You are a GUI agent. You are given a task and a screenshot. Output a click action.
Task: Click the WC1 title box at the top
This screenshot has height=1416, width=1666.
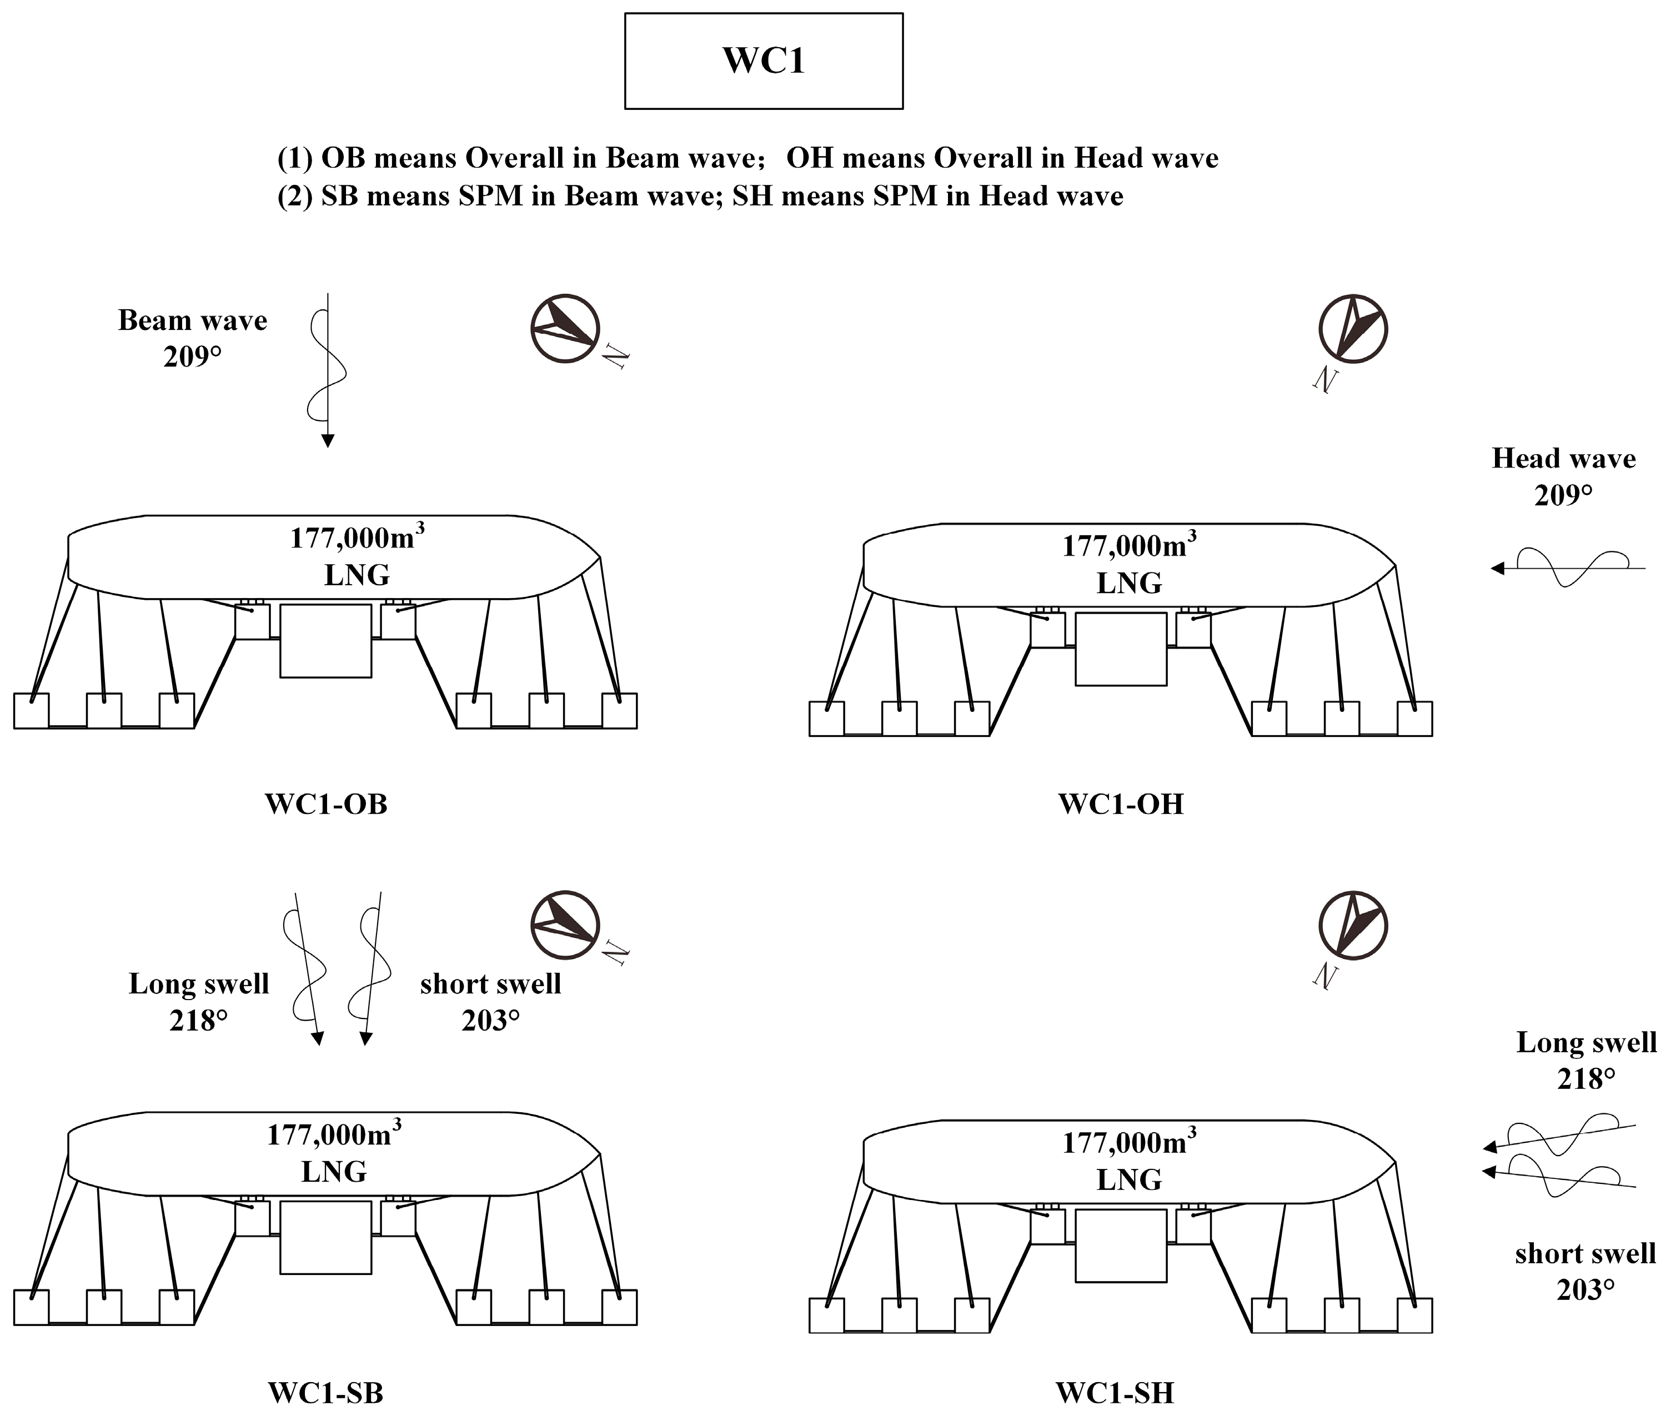point(764,61)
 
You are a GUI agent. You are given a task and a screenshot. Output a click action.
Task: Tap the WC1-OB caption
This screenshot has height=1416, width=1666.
point(326,804)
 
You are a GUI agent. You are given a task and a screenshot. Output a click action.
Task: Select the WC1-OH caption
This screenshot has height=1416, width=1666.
point(1121,804)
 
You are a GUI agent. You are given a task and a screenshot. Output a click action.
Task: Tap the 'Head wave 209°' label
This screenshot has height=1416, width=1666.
point(1563,476)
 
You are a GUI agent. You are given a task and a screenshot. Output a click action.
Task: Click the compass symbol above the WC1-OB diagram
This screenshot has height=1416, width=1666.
point(565,328)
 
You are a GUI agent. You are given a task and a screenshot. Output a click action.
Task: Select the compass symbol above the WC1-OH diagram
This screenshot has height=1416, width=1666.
point(1353,328)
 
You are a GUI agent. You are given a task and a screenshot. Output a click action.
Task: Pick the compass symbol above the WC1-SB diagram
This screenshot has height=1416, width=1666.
point(565,925)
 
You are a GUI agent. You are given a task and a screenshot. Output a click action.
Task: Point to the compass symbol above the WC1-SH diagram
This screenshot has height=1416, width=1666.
point(1353,925)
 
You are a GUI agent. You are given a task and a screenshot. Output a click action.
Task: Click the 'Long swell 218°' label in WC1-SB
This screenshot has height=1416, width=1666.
point(198,1002)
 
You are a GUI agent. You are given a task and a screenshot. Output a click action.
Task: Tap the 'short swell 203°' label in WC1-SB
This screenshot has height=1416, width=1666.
point(490,1002)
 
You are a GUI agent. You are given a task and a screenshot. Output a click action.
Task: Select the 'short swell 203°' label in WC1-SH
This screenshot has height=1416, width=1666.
point(1585,1271)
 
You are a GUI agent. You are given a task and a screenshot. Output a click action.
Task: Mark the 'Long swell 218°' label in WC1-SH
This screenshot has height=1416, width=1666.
point(1585,1060)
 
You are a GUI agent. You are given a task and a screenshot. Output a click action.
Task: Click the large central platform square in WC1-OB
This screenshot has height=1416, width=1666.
point(325,641)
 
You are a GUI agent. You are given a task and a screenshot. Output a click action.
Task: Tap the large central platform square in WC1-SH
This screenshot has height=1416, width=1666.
point(1120,1245)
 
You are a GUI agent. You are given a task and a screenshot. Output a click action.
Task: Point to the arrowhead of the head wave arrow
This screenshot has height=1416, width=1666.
point(1497,568)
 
